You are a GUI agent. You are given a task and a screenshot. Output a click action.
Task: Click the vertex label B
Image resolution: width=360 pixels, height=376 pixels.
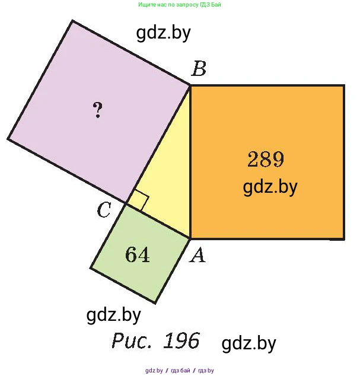(199, 69)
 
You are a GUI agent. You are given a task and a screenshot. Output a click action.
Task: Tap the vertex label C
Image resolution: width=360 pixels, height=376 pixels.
(104, 210)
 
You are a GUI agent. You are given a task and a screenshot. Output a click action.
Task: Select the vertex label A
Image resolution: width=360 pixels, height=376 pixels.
(197, 255)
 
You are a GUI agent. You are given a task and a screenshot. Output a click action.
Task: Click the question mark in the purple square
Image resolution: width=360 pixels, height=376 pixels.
(98, 110)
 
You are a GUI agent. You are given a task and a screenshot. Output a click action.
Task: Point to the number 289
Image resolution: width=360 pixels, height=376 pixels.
(266, 159)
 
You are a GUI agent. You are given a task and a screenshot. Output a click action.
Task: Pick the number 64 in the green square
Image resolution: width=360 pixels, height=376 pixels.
(138, 254)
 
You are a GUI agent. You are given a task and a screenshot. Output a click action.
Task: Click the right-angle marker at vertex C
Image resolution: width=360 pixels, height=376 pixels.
(138, 201)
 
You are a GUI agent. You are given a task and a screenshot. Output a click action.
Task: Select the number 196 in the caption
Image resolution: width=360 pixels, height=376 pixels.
(181, 340)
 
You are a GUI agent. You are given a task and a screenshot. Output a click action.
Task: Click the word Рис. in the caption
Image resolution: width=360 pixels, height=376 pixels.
(132, 340)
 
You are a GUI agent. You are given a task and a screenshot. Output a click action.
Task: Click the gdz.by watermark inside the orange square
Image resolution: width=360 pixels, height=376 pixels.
(270, 187)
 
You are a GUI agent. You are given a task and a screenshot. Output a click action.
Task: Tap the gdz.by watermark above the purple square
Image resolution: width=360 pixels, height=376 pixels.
(163, 33)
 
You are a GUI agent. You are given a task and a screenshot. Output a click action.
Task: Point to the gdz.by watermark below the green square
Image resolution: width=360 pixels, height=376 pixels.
(113, 316)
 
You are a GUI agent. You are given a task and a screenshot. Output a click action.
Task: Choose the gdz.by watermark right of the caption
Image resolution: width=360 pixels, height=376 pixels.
(249, 343)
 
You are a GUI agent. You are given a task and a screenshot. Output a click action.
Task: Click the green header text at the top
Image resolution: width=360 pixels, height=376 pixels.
(179, 5)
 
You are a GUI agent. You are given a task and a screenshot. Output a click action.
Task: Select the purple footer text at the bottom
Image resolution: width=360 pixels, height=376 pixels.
(180, 371)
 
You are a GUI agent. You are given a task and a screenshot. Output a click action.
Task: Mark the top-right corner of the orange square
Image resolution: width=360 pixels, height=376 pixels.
(344, 85)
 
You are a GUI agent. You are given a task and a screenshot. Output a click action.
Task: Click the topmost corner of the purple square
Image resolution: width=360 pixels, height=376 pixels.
(72, 21)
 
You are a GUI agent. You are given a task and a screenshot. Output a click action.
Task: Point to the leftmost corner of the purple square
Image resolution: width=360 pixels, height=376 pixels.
(8, 139)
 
